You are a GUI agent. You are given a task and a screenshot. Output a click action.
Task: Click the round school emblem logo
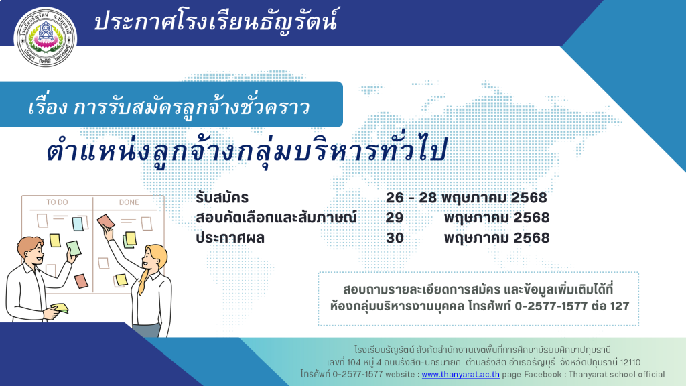(46, 37)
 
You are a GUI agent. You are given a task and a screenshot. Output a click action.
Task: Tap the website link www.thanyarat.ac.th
(461, 374)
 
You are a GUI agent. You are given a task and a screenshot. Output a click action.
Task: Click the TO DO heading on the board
(58, 202)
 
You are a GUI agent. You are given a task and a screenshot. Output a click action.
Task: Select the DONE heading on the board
(129, 202)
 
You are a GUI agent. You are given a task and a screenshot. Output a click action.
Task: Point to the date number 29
(394, 218)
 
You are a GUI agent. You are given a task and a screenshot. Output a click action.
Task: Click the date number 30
(395, 238)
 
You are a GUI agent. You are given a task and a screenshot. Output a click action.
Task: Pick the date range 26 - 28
(411, 198)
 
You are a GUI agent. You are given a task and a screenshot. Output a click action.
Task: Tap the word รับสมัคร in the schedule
(222, 198)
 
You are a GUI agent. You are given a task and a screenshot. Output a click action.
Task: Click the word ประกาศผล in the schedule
(230, 238)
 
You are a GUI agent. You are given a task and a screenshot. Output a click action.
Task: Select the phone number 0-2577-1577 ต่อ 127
(572, 306)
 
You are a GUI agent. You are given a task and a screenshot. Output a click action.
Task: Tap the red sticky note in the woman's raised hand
(105, 221)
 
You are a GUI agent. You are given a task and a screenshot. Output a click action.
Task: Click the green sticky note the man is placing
(74, 248)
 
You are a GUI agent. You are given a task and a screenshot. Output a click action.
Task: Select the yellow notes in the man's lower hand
(60, 308)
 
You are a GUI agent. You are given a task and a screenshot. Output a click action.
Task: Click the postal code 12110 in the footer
(630, 363)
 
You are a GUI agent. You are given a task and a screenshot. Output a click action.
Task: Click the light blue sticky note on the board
(78, 224)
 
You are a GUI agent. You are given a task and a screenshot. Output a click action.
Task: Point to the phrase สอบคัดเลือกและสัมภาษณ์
(276, 218)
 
